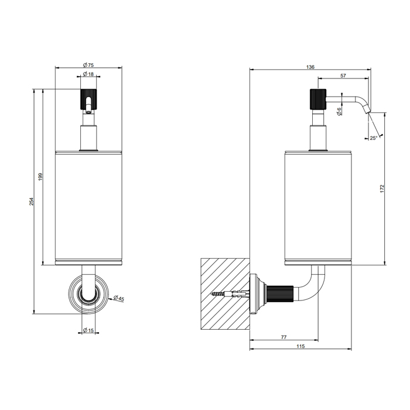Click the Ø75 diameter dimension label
point(88,65)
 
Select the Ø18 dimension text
point(88,74)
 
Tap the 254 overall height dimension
point(32,201)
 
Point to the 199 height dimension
point(40,177)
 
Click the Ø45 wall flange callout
point(119,298)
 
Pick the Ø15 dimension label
point(88,330)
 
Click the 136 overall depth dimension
point(310,67)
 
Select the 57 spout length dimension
point(343,76)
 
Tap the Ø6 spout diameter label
point(339,111)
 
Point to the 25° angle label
point(374,138)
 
